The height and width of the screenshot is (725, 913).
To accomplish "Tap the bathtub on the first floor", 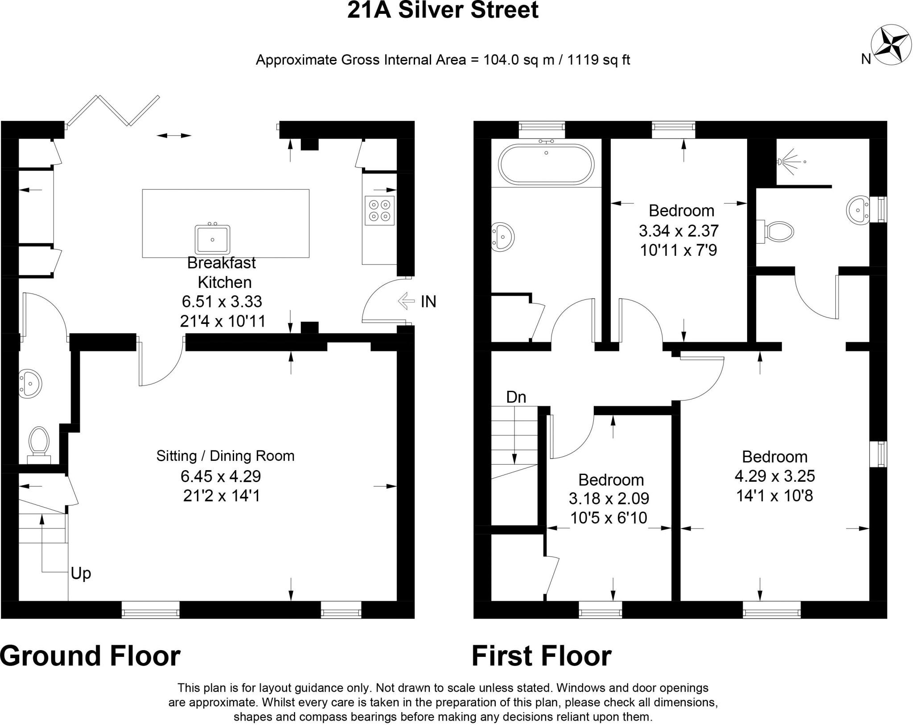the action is point(546,164).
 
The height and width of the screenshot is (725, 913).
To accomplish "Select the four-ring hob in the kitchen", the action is point(379,210).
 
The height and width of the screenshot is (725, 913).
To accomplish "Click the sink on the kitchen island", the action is point(213,239).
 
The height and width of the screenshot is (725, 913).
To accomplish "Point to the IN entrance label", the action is point(428,302).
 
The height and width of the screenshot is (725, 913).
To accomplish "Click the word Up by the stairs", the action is point(81,574).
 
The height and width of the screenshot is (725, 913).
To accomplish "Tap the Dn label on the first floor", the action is point(516,397).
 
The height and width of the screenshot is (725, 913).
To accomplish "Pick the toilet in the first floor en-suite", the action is point(776,231).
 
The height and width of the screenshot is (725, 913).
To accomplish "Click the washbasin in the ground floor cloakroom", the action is point(30,383).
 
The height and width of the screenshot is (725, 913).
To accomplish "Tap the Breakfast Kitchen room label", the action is point(223,272).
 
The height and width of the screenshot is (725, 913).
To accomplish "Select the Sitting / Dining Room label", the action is point(225,456).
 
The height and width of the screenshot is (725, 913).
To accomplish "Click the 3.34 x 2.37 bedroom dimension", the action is point(679,231).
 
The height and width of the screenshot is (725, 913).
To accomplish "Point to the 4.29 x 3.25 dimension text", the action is point(775,476).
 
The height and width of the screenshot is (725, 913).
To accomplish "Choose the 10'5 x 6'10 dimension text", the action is point(609,518).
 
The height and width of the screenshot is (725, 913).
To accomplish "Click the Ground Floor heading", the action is point(90,656).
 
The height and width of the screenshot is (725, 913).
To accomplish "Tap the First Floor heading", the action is point(542,656).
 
